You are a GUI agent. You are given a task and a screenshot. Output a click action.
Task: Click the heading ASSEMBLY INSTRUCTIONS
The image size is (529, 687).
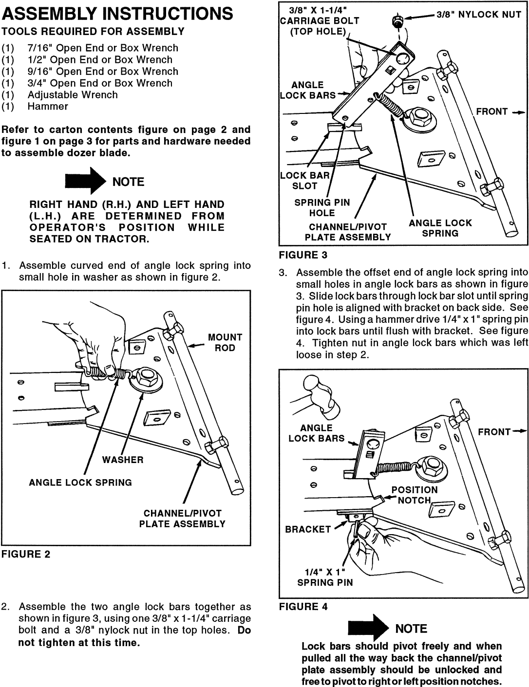coord(117,14)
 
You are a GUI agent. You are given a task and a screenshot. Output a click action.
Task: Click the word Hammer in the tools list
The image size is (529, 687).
coord(48,107)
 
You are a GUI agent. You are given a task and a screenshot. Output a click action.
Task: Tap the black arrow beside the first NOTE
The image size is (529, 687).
coord(85,182)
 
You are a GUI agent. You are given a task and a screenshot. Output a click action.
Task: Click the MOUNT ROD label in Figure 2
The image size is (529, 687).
coord(225,342)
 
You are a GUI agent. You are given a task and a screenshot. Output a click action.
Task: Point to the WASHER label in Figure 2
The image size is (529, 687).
coord(123,460)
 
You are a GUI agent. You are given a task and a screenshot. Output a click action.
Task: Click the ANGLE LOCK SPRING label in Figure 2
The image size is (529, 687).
coord(80,483)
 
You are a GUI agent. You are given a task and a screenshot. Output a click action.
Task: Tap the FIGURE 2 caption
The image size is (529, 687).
coord(26,554)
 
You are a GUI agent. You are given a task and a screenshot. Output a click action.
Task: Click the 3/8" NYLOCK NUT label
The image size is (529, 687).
coord(479,15)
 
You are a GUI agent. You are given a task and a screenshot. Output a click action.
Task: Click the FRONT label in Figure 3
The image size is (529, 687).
coord(491,111)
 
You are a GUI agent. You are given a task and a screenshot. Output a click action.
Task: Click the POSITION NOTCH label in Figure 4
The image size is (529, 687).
coord(415,495)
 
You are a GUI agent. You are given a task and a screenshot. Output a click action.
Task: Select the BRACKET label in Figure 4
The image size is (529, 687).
coord(308,529)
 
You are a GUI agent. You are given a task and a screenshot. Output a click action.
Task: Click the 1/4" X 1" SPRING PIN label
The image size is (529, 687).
coord(325,577)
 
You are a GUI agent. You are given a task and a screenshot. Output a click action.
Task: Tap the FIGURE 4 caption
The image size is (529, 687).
coord(303,606)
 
